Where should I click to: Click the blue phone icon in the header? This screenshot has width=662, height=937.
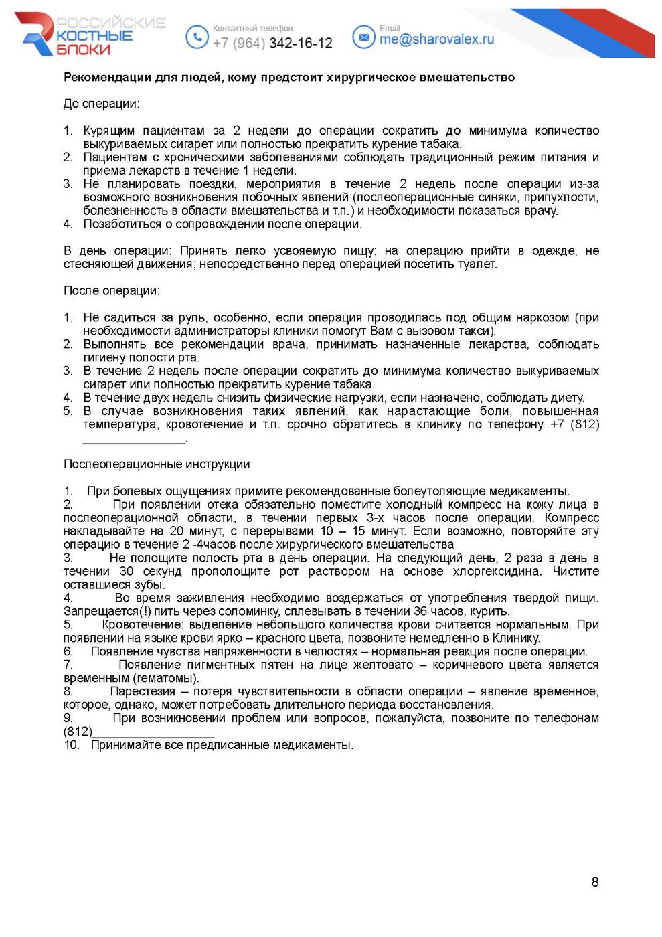click(197, 37)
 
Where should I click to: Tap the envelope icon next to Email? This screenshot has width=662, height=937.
click(363, 37)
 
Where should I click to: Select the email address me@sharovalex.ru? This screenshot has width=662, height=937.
click(436, 39)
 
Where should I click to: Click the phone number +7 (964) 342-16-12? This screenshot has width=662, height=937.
click(272, 44)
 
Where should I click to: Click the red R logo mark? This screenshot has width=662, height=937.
click(37, 33)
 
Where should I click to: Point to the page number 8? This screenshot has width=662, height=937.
click(595, 882)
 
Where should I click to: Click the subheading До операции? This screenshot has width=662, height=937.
click(102, 104)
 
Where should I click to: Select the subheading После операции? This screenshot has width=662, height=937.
click(112, 290)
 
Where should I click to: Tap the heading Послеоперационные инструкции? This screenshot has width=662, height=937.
click(157, 464)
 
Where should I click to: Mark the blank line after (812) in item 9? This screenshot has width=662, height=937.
click(153, 733)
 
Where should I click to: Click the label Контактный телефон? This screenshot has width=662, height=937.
click(252, 29)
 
